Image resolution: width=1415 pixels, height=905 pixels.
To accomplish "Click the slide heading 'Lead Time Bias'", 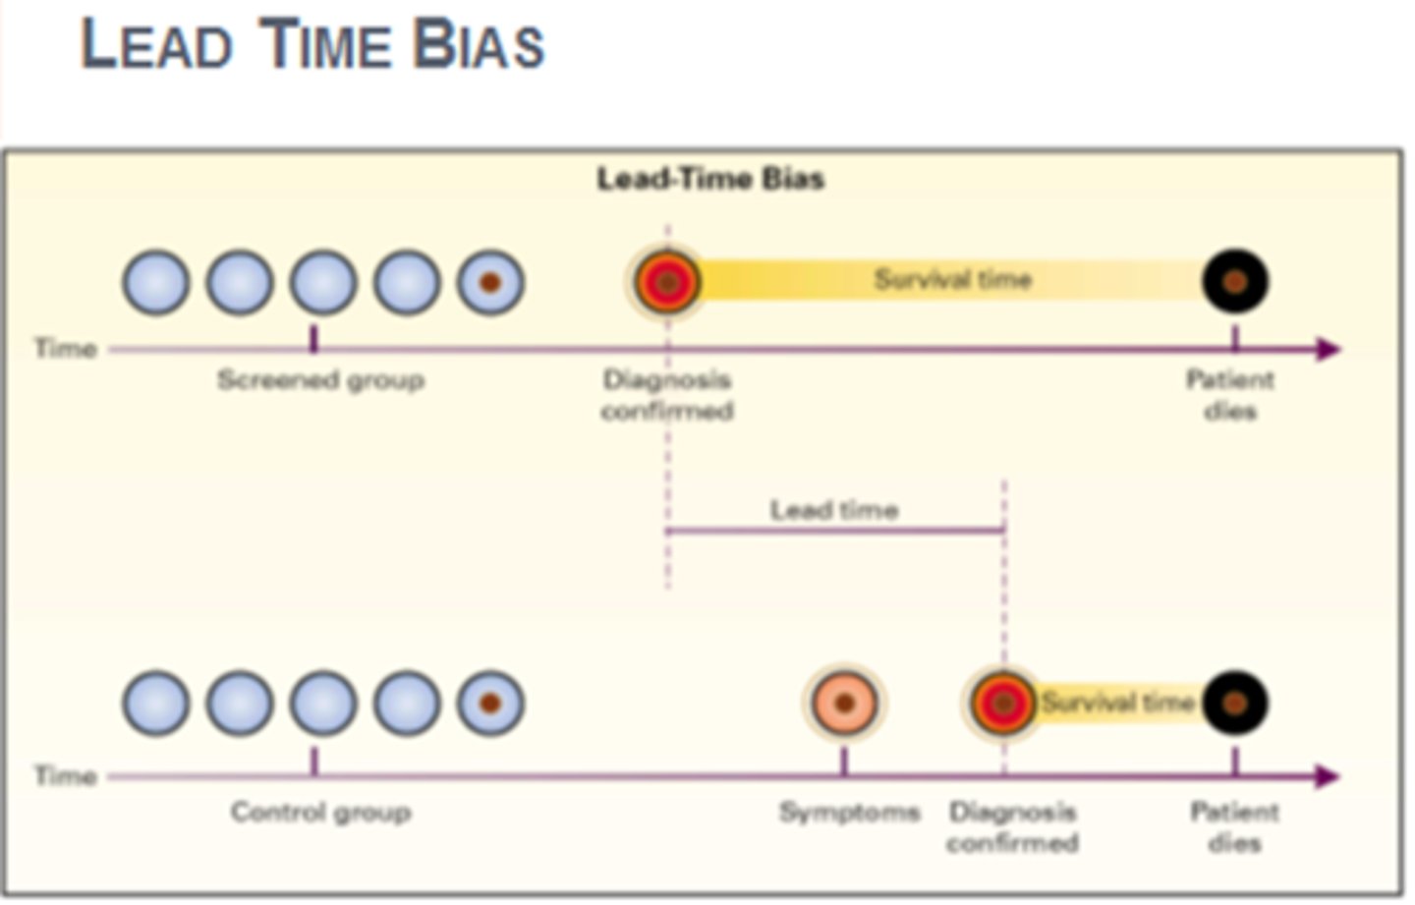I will [x=312, y=45].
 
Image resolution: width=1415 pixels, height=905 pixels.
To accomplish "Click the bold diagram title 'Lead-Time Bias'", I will [x=710, y=179].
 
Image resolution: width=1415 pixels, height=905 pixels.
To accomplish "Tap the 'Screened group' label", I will [x=320, y=379].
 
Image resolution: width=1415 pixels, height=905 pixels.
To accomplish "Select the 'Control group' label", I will [x=320, y=812].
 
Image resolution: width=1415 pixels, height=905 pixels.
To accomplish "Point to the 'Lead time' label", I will [x=833, y=510].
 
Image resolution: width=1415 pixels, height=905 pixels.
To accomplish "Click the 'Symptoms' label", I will [x=849, y=812].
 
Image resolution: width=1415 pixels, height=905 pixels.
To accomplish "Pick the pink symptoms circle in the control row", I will [x=844, y=704].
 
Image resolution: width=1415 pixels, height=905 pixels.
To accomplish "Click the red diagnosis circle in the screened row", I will [x=667, y=283].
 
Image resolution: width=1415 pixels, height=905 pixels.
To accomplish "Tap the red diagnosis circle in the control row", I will [x=1002, y=704].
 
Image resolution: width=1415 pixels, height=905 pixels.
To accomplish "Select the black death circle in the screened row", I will [x=1235, y=282].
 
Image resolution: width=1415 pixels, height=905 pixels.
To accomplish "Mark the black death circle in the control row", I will [x=1235, y=704].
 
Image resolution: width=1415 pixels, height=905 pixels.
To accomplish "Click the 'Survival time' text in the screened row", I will [x=952, y=280].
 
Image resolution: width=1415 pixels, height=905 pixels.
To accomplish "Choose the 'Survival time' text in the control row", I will [x=1117, y=703].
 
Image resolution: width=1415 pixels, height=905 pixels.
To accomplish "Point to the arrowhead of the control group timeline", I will [x=1328, y=776].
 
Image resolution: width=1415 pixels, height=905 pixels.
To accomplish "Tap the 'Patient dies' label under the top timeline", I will [x=1230, y=394].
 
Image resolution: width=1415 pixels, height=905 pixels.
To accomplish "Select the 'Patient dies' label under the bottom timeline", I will [x=1234, y=826].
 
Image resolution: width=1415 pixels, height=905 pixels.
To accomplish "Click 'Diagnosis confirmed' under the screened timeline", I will [x=667, y=394].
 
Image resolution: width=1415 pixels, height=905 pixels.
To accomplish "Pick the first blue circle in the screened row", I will [x=156, y=283].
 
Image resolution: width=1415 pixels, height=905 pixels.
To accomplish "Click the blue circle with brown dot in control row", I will [x=490, y=704].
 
